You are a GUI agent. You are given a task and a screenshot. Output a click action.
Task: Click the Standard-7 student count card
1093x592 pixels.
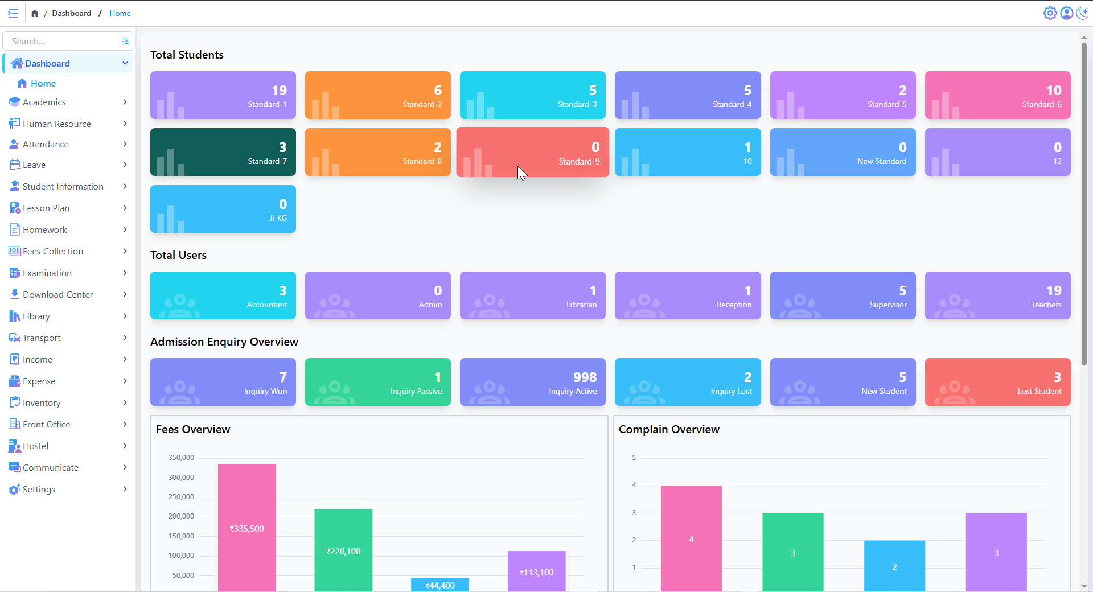pyautogui.click(x=223, y=152)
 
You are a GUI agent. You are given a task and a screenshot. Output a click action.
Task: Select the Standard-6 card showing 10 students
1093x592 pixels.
pyautogui.click(x=997, y=95)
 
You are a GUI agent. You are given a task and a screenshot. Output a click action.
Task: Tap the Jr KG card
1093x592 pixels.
pyautogui.click(x=223, y=209)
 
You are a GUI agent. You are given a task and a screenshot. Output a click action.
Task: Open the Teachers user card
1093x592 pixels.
pyautogui.click(x=997, y=295)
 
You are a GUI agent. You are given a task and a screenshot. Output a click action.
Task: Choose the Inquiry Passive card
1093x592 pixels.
pyautogui.click(x=377, y=382)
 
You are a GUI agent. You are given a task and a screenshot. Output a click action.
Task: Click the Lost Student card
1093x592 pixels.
pyautogui.click(x=997, y=382)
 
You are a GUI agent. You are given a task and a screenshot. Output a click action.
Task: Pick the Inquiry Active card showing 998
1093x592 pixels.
pyautogui.click(x=532, y=382)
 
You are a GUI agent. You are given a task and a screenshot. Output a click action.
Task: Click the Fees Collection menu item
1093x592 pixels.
pyautogui.click(x=53, y=251)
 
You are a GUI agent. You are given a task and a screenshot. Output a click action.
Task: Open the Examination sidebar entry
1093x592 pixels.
pyautogui.click(x=47, y=273)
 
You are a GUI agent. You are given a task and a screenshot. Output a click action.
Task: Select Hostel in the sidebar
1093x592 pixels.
pyautogui.click(x=35, y=446)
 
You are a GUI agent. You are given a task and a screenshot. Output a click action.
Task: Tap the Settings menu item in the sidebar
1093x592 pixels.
pyautogui.click(x=39, y=489)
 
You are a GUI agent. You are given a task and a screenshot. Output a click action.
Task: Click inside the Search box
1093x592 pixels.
pyautogui.click(x=63, y=41)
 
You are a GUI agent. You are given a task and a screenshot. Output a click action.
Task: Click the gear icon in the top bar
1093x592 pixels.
pyautogui.click(x=1050, y=13)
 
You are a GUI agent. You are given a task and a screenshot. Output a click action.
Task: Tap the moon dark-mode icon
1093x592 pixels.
pyautogui.click(x=1082, y=13)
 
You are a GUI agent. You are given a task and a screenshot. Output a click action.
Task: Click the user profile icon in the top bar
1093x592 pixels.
pyautogui.click(x=1066, y=13)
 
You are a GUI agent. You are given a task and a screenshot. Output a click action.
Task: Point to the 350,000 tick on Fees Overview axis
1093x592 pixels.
pyautogui.click(x=181, y=458)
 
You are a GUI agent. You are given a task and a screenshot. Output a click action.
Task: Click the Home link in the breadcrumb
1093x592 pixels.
pyautogui.click(x=120, y=13)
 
